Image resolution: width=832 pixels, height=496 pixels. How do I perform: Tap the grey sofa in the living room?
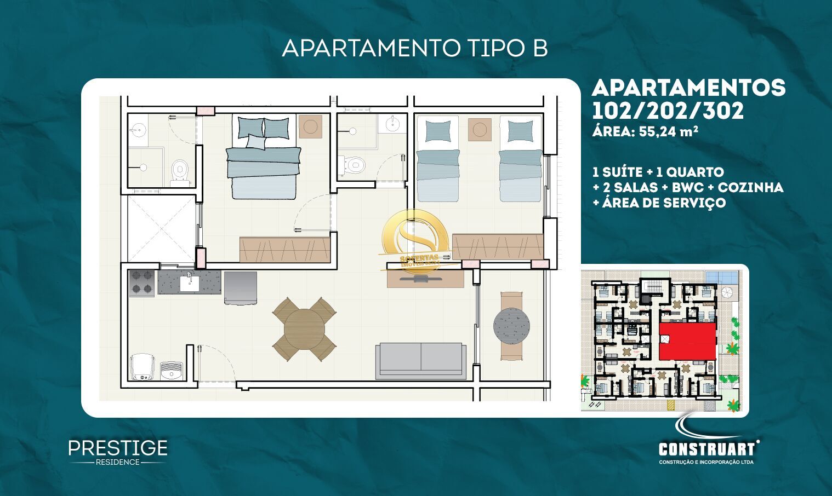[420, 361]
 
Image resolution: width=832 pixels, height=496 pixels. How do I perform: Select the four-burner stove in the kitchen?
[141, 283]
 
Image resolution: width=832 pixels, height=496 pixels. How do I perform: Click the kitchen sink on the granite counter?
[190, 282]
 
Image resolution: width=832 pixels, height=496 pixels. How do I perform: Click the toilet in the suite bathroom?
[179, 171]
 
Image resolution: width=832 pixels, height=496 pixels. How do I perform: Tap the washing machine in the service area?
[141, 366]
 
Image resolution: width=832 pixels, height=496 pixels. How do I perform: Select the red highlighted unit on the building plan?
[687, 341]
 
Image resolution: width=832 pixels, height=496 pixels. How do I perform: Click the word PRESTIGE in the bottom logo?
[118, 448]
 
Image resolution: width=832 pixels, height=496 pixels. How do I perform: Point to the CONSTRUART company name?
[706, 449]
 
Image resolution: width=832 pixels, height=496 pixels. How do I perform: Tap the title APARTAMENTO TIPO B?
[415, 48]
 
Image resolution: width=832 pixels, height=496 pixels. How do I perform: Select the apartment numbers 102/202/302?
[668, 111]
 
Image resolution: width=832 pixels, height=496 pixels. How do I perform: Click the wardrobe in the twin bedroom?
[497, 246]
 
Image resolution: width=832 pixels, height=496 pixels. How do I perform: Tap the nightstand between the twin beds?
[480, 130]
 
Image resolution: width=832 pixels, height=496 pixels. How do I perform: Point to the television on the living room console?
[420, 278]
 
